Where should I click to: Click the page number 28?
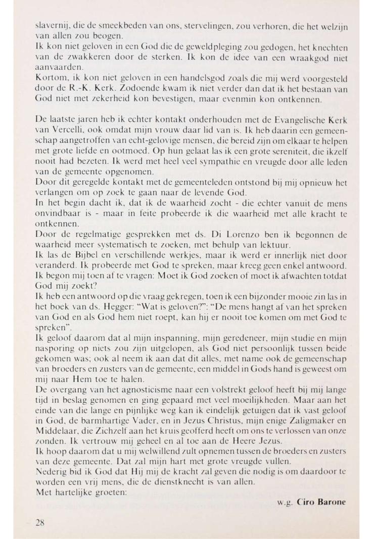coord(40,522)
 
